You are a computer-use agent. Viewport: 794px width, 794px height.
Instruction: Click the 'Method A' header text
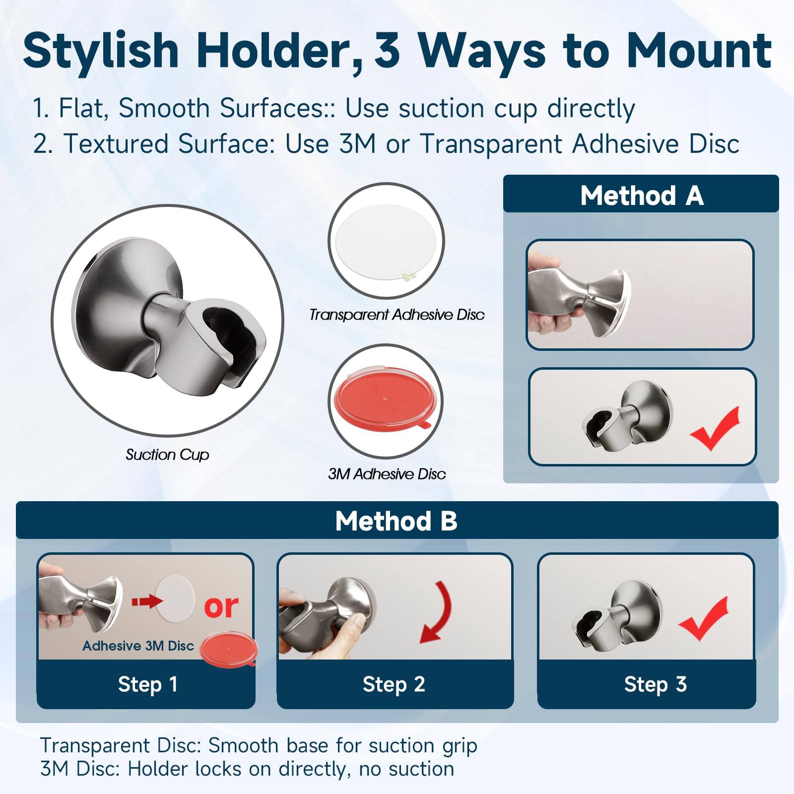(x=642, y=196)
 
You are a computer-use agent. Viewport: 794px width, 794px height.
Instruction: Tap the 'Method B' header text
(x=396, y=521)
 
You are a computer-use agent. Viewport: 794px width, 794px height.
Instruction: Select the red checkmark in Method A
(x=715, y=428)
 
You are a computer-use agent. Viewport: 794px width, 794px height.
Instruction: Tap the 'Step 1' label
(x=147, y=684)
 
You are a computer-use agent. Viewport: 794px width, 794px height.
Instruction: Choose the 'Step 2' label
(x=394, y=684)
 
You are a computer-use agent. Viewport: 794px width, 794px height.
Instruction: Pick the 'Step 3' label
(x=655, y=684)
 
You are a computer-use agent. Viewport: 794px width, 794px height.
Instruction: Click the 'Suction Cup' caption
(x=167, y=455)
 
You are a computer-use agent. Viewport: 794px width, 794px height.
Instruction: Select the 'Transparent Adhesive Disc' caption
(x=397, y=315)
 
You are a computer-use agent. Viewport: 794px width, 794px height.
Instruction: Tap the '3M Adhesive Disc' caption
(x=387, y=474)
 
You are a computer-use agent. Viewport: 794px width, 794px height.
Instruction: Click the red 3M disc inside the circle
(x=385, y=400)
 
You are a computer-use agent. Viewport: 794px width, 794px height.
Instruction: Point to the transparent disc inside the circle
(x=386, y=241)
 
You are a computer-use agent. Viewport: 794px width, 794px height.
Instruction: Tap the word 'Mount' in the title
(x=699, y=51)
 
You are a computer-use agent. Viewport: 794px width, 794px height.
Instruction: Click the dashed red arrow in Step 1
(x=147, y=601)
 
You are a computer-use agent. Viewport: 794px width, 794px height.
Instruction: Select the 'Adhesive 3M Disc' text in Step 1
(x=138, y=646)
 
